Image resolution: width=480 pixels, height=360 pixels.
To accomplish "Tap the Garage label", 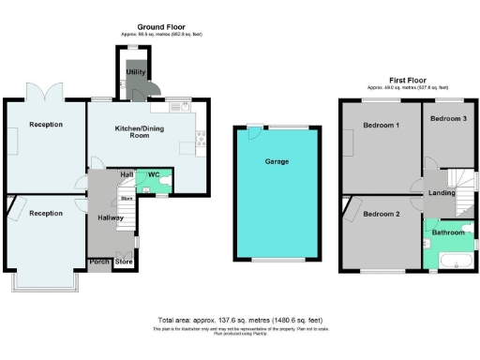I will coord(277,161).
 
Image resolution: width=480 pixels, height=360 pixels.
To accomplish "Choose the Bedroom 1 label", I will coord(382,125).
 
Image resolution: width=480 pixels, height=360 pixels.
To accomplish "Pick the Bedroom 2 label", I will coord(382,214).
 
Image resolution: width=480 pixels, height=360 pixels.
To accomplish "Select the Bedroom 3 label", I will coord(448,119).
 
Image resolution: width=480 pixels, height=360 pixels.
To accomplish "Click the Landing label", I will coord(442,193).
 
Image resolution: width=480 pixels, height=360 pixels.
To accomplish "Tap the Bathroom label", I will coord(448,231).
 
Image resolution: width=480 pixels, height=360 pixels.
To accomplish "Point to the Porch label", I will coord(99,262).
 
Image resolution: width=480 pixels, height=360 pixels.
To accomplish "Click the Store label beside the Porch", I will coord(124,262).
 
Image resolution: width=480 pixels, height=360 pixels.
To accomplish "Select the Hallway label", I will coord(112,217).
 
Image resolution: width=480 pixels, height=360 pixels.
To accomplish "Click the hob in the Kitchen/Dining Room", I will coord(200,142).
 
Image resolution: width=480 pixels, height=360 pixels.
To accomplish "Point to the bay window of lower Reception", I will coord(45,279).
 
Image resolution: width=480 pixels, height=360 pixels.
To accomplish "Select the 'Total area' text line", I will coord(241,320).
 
